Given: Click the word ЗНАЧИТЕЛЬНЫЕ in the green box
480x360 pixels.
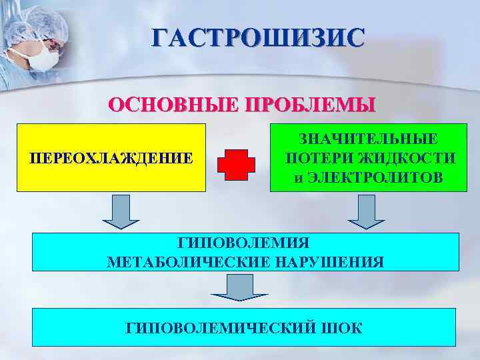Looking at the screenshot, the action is [x=369, y=139].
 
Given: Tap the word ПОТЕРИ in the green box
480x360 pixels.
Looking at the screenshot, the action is [x=317, y=159].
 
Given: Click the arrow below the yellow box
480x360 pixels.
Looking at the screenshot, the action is [x=121, y=211].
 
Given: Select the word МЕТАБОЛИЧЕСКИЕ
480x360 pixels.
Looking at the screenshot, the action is [x=187, y=261].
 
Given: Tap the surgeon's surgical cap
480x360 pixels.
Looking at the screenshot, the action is [x=33, y=23].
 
